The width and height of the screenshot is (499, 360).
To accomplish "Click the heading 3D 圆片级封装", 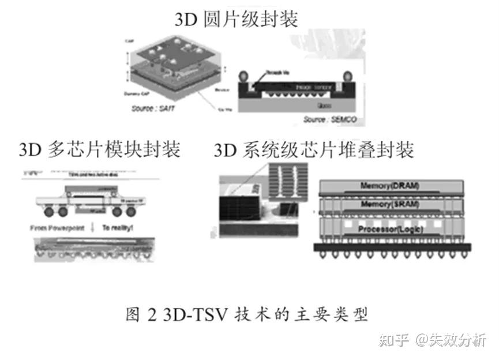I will (x=237, y=20).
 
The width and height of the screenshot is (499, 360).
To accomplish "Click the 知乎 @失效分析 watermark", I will (x=432, y=340).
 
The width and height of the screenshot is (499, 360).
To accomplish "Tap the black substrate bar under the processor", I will (x=392, y=247).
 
